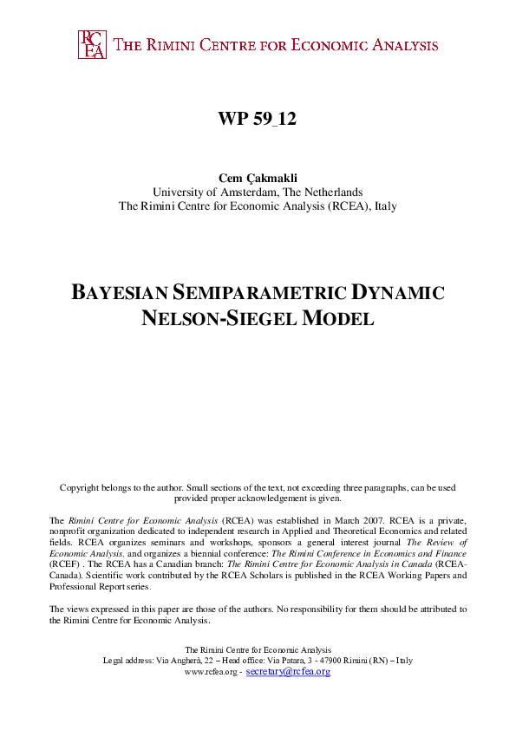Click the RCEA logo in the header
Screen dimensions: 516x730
point(92,44)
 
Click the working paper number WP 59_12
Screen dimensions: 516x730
point(258,120)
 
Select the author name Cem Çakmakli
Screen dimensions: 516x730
point(258,178)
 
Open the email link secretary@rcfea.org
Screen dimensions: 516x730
point(289,672)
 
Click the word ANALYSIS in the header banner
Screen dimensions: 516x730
point(400,45)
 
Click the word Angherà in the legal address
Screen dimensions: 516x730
point(198,661)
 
